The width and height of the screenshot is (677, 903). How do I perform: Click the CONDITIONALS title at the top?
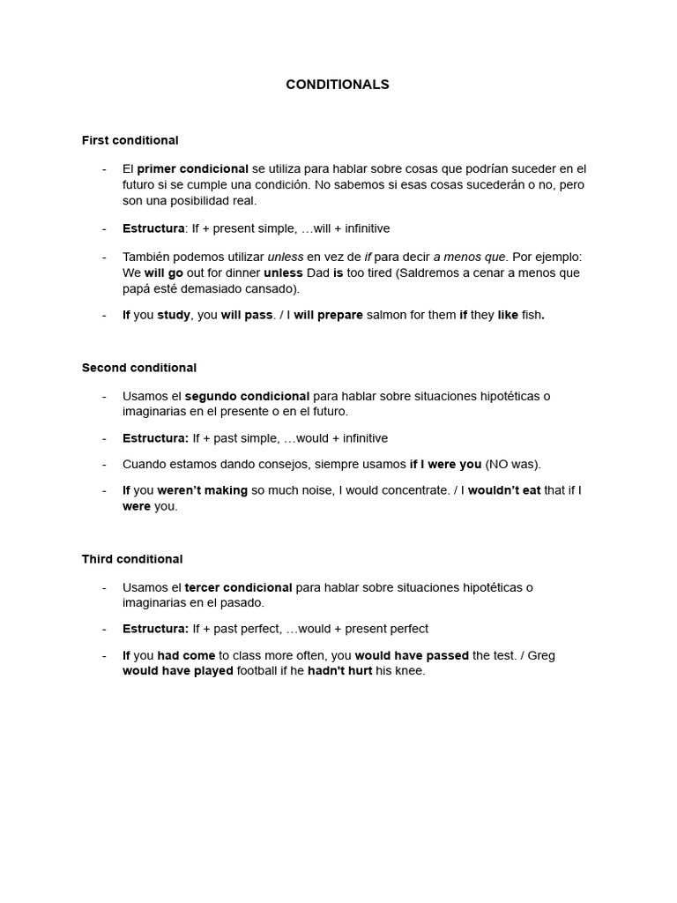[338, 85]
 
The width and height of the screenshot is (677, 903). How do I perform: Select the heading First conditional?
[130, 140]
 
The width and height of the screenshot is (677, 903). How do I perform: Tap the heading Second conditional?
[138, 368]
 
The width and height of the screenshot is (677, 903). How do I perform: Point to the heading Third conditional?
[132, 559]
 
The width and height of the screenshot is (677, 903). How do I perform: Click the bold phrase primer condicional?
[192, 168]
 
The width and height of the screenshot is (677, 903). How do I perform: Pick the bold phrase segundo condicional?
[247, 396]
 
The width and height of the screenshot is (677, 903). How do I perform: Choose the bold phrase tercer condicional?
[238, 587]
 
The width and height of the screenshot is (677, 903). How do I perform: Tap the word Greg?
[540, 655]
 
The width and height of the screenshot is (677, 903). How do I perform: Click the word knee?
[411, 671]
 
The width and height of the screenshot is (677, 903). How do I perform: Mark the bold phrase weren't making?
[202, 490]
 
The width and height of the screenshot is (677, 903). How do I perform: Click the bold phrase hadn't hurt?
[339, 671]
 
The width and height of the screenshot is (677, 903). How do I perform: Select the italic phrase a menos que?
[469, 257]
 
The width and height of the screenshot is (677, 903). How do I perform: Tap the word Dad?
[316, 272]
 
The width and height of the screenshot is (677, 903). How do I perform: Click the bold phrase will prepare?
[328, 315]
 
